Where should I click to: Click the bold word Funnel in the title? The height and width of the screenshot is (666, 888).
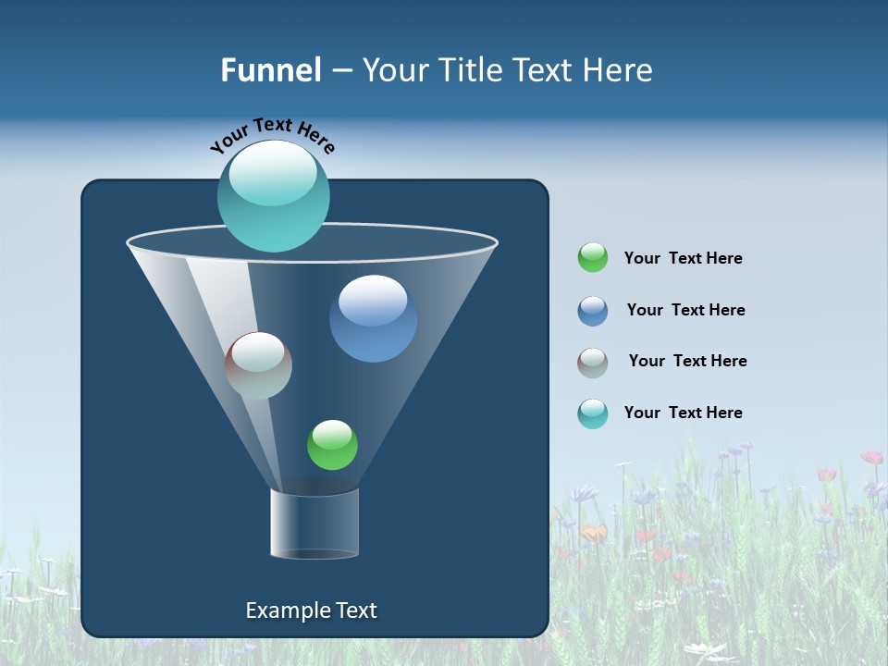(x=270, y=70)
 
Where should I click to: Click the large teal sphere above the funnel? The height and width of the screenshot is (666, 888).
(x=273, y=196)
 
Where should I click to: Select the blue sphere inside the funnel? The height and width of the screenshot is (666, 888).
(x=373, y=318)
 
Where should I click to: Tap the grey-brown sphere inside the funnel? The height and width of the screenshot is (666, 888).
(x=258, y=365)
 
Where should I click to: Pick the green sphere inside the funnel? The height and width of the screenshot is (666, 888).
(x=332, y=445)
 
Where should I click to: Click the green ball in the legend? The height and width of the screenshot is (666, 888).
(x=593, y=257)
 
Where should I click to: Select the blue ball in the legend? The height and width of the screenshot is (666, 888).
(x=593, y=310)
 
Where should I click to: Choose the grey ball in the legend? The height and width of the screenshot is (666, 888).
(x=593, y=362)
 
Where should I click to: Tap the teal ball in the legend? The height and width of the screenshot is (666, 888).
(x=593, y=413)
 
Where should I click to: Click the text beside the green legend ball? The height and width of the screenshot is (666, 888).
(x=683, y=258)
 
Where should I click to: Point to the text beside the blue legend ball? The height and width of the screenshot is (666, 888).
(x=685, y=310)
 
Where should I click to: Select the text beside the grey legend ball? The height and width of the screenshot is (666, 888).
(x=687, y=361)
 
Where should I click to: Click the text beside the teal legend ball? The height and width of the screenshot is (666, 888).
(x=683, y=413)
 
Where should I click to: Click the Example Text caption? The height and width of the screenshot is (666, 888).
(x=311, y=610)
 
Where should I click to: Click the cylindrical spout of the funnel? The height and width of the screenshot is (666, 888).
(x=314, y=524)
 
